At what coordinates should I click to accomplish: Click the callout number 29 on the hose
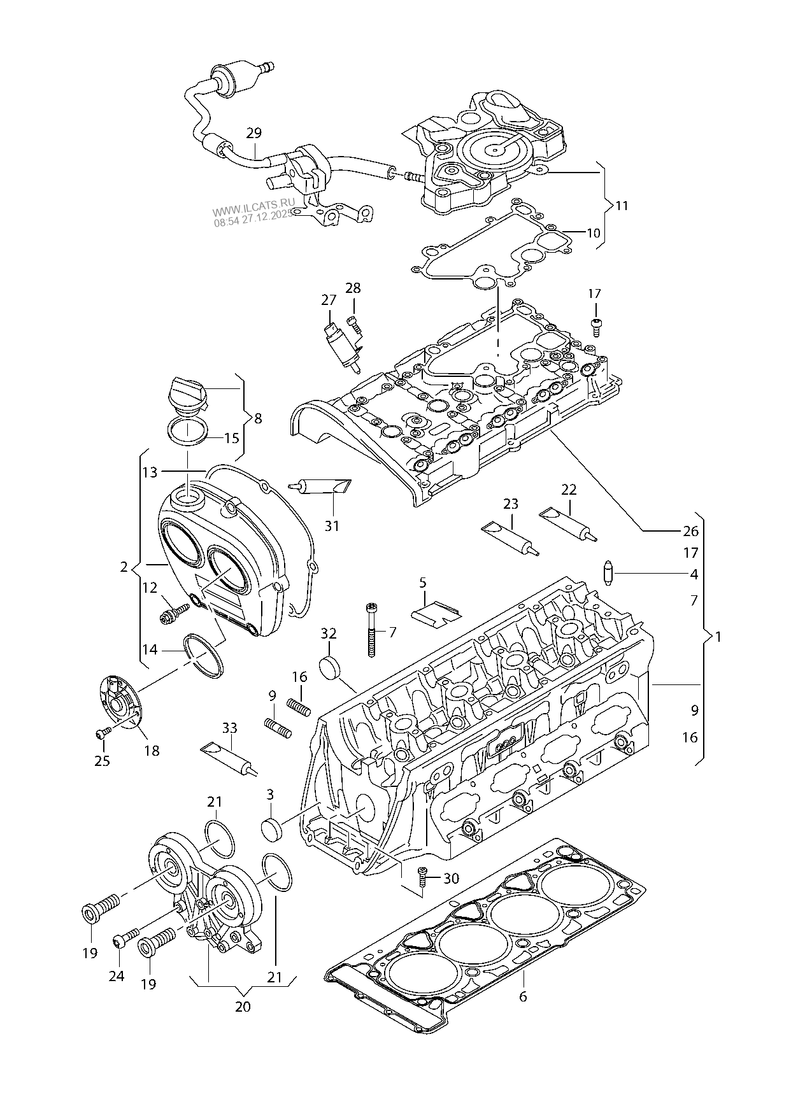point(253,134)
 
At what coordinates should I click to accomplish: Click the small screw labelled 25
point(101,734)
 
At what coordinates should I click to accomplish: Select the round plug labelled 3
point(272,830)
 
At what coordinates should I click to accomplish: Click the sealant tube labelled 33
point(231,759)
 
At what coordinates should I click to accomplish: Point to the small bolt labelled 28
point(353,325)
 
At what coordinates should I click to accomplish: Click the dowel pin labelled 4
point(608,572)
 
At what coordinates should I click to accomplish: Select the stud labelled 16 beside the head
point(299,707)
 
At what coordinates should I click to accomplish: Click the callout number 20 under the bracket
point(243,1007)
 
